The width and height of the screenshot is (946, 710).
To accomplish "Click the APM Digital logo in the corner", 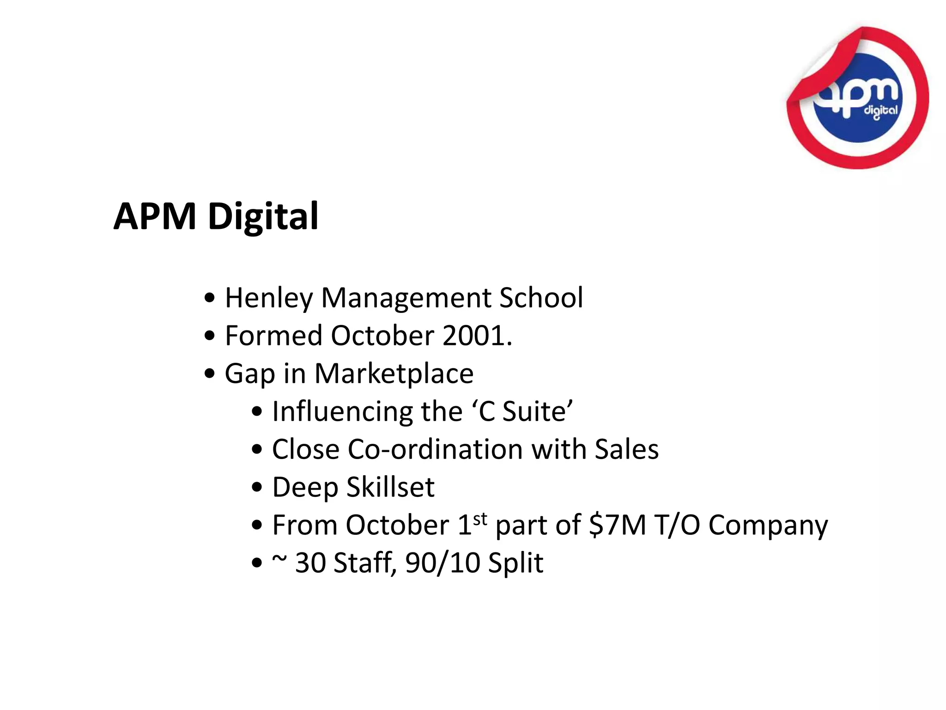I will click(858, 98).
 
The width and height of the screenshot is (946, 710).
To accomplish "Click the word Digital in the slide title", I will click(263, 216).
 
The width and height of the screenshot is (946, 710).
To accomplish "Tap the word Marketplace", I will click(394, 373).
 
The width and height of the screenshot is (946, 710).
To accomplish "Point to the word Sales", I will click(626, 449).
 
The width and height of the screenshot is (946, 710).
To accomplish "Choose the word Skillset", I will click(390, 487).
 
